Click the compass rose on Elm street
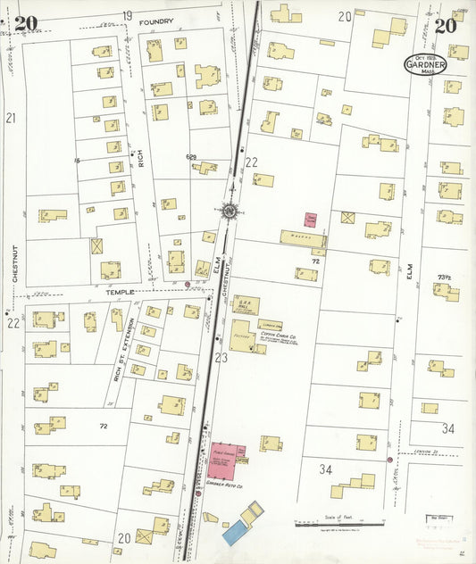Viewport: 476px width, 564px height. [x=230, y=211]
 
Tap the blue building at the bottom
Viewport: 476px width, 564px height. [x=235, y=534]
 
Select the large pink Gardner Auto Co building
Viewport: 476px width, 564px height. [x=228, y=455]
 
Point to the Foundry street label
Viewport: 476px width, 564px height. [x=156, y=20]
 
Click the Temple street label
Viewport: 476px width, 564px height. [x=121, y=291]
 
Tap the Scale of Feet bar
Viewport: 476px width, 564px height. [x=338, y=524]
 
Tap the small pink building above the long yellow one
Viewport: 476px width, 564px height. [x=312, y=218]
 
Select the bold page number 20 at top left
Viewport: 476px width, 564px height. [x=26, y=23]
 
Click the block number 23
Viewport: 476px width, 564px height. [x=221, y=358]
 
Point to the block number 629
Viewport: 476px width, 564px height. [x=191, y=157]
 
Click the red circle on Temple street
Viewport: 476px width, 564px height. [x=187, y=286]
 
